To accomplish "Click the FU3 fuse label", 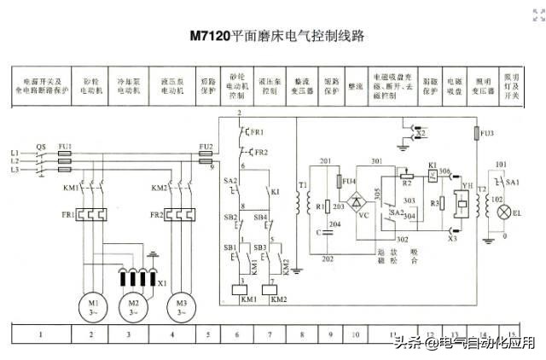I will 487,133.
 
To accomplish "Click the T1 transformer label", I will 303,184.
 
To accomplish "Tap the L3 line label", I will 14,170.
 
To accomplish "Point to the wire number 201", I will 324,161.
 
